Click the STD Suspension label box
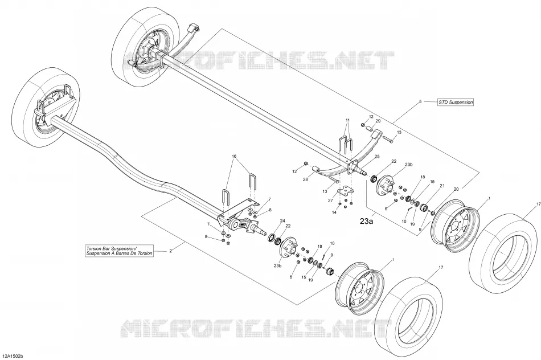pyautogui.click(x=456, y=102)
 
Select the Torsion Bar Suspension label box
pyautogui.click(x=120, y=251)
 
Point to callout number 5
pyautogui.click(x=420, y=101)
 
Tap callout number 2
pyautogui.click(x=170, y=251)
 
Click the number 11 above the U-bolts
pyautogui.click(x=348, y=120)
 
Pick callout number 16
pyautogui.click(x=234, y=156)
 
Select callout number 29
pyautogui.click(x=378, y=121)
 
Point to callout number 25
pyautogui.click(x=377, y=157)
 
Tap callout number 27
pyautogui.click(x=330, y=200)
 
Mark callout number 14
pyautogui.click(x=334, y=212)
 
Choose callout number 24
pyautogui.click(x=282, y=220)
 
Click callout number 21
pyautogui.click(x=442, y=186)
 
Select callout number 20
pyautogui.click(x=456, y=189)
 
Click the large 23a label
pyautogui.click(x=366, y=222)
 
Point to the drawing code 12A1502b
pyautogui.click(x=14, y=355)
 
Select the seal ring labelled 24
pyautogui.click(x=271, y=238)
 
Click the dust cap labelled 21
pyautogui.click(x=424, y=208)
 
